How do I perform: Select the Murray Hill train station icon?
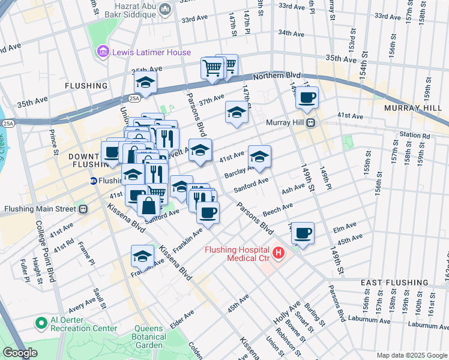pyautogui.click(x=311, y=123)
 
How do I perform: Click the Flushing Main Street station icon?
pyautogui.click(x=83, y=209)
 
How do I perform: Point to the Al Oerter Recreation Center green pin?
pyautogui.click(x=41, y=323)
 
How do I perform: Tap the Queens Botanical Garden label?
pyautogui.click(x=148, y=337)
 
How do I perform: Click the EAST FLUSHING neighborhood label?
pyautogui.click(x=394, y=283)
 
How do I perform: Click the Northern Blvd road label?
pyautogui.click(x=276, y=76)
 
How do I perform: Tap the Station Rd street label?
pyautogui.click(x=417, y=136)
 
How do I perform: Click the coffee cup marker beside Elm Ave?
pyautogui.click(x=303, y=232)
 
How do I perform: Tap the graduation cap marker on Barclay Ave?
pyautogui.click(x=259, y=157)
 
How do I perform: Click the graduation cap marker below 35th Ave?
pyautogui.click(x=145, y=82)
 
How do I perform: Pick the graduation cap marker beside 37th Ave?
pyautogui.click(x=237, y=112)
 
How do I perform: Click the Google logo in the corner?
pyautogui.click(x=20, y=353)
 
